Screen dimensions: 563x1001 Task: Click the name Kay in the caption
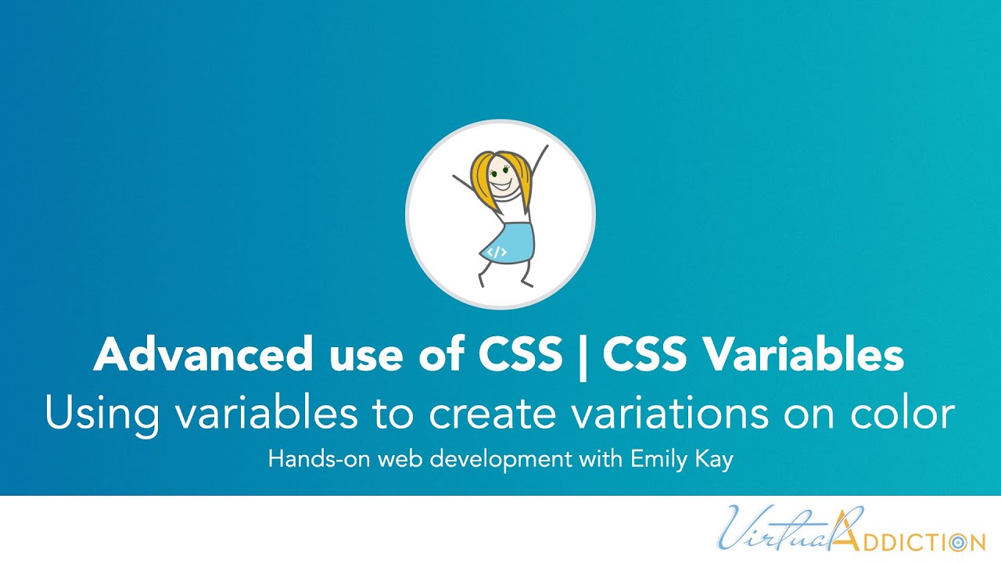coord(714,460)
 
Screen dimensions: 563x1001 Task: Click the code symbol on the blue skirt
coord(497,252)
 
